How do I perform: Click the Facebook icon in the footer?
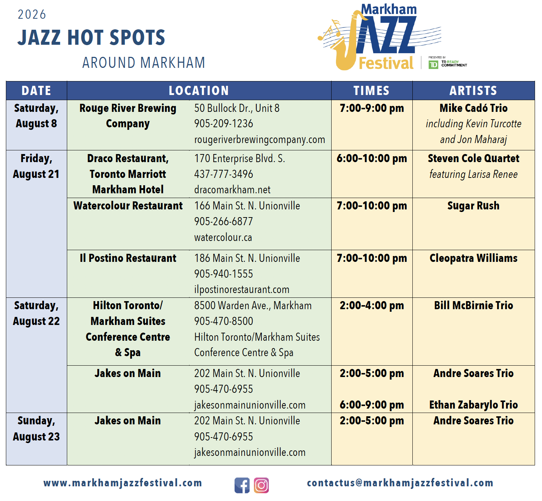pyautogui.click(x=242, y=485)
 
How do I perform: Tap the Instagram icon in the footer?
pyautogui.click(x=261, y=485)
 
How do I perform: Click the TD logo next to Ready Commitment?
pyautogui.click(x=433, y=65)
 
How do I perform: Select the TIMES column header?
pyautogui.click(x=371, y=91)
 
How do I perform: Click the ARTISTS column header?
pyautogui.click(x=473, y=91)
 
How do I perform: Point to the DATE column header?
pyautogui.click(x=36, y=91)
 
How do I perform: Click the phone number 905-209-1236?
pyautogui.click(x=224, y=124)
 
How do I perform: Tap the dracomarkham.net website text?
pyautogui.click(x=232, y=190)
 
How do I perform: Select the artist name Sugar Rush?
pyautogui.click(x=473, y=206)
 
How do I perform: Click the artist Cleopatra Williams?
pyautogui.click(x=473, y=258)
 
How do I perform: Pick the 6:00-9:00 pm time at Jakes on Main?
pyautogui.click(x=372, y=405)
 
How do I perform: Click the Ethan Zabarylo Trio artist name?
pyautogui.click(x=473, y=405)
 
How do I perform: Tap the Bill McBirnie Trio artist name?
pyautogui.click(x=473, y=306)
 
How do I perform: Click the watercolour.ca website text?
pyautogui.click(x=223, y=237)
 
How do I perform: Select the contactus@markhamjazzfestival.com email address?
pyautogui.click(x=400, y=483)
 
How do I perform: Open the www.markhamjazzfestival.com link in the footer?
pyautogui.click(x=123, y=483)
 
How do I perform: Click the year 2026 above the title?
pyautogui.click(x=32, y=14)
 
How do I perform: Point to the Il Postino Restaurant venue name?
pyautogui.click(x=128, y=258)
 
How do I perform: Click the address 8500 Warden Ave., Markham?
pyautogui.click(x=253, y=306)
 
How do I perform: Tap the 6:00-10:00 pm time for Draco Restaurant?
pyautogui.click(x=372, y=158)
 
